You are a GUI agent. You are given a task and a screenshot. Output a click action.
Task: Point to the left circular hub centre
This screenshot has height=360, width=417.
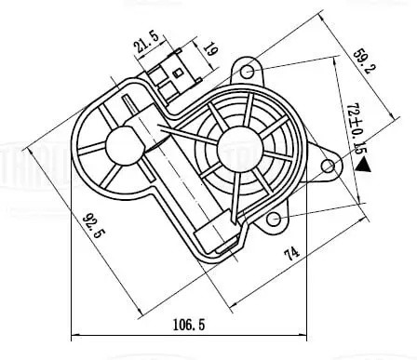coord(120,143)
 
